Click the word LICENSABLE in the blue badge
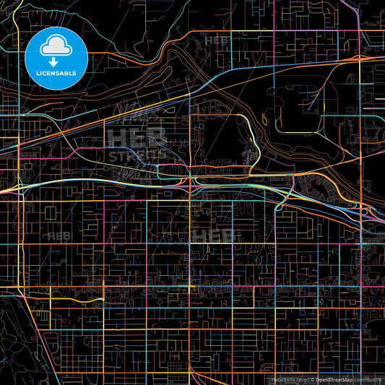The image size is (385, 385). coord(56,72)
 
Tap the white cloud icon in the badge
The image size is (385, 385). coord(56,46)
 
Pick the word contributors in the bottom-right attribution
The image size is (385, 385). coord(368,379)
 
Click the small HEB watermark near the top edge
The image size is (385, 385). coord(216,41)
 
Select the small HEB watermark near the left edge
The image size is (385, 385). coord(56,235)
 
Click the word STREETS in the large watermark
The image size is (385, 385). coord(137,156)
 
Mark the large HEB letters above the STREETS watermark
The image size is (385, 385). coord(137,135)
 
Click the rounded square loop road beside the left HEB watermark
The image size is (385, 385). coord(53,212)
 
